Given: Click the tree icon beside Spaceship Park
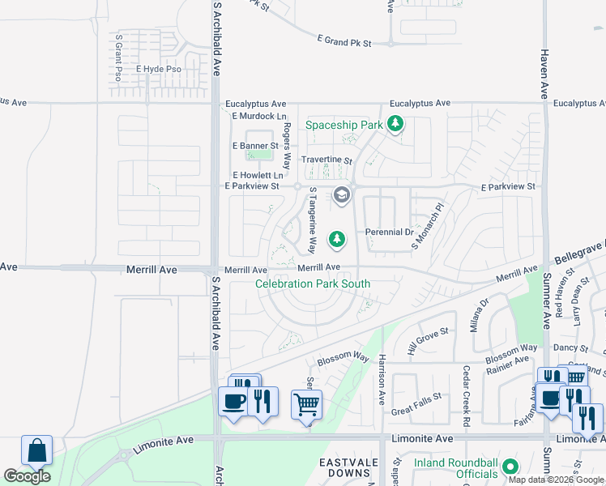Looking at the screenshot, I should click(395, 124).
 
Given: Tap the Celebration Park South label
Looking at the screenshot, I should click(313, 283).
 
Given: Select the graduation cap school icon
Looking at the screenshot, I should click(342, 194).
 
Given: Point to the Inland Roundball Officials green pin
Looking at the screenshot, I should click(510, 467).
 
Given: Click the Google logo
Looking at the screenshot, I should click(27, 476).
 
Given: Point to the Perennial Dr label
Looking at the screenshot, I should click(390, 232).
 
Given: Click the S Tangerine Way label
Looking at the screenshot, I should click(312, 220).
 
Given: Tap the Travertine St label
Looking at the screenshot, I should click(326, 161).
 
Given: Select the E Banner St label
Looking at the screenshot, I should click(254, 146).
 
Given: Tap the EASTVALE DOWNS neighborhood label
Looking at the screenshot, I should click(348, 467).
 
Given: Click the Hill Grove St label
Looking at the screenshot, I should click(428, 334).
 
